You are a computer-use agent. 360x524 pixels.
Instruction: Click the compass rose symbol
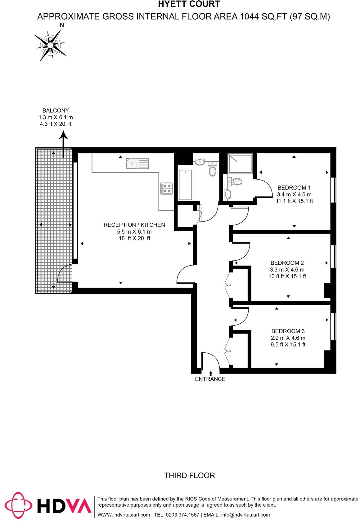50,46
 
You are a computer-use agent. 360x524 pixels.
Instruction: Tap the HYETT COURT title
189,4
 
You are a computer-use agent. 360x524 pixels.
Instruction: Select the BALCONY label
56,110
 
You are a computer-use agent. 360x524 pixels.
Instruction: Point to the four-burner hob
166,188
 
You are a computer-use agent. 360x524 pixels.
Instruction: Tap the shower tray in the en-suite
240,164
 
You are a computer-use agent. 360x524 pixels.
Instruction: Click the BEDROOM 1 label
294,188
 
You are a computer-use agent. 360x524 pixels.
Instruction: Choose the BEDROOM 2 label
287,263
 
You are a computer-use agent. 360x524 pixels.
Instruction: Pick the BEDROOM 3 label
288,331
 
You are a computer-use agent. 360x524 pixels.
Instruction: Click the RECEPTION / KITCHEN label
134,225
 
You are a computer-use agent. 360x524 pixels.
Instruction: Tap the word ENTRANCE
210,379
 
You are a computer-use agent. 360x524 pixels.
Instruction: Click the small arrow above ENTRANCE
211,373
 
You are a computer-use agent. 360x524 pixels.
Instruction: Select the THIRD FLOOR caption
189,475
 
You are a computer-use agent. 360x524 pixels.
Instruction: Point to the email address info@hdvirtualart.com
245,515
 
